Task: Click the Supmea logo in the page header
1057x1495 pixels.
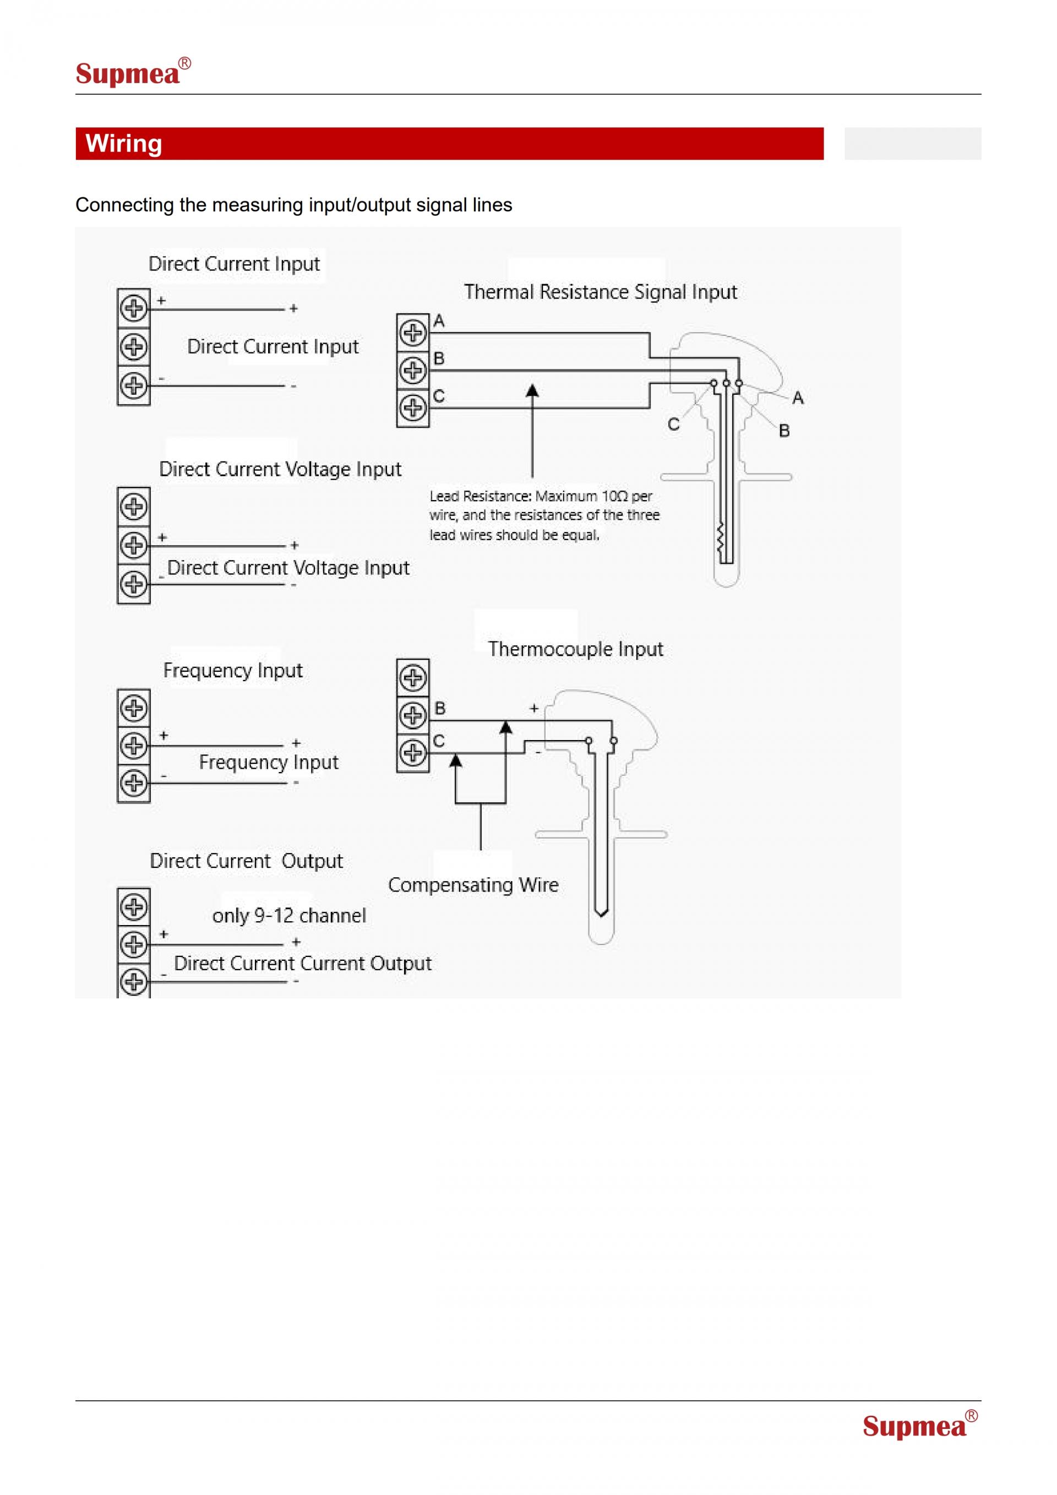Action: coord(133,72)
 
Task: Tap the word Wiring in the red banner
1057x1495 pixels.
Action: coord(124,143)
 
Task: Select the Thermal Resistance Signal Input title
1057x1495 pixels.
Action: coord(600,292)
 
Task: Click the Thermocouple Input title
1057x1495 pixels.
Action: coord(575,649)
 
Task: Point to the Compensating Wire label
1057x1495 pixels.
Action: coord(473,884)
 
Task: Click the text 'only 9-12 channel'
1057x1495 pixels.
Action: coord(289,916)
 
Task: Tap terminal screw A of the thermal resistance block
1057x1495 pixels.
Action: coord(413,333)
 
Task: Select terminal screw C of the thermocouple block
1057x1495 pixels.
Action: coord(413,753)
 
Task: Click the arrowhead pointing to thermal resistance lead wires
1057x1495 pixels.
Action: coord(532,390)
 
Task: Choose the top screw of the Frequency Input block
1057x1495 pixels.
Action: coord(134,708)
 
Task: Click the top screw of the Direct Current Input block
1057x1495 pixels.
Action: coord(134,308)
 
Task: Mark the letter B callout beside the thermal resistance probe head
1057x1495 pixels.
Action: coord(784,431)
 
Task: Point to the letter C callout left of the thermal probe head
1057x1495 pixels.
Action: coord(674,425)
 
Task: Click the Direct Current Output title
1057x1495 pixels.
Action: coord(246,861)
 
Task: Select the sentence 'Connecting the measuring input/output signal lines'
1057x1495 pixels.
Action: coord(293,205)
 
